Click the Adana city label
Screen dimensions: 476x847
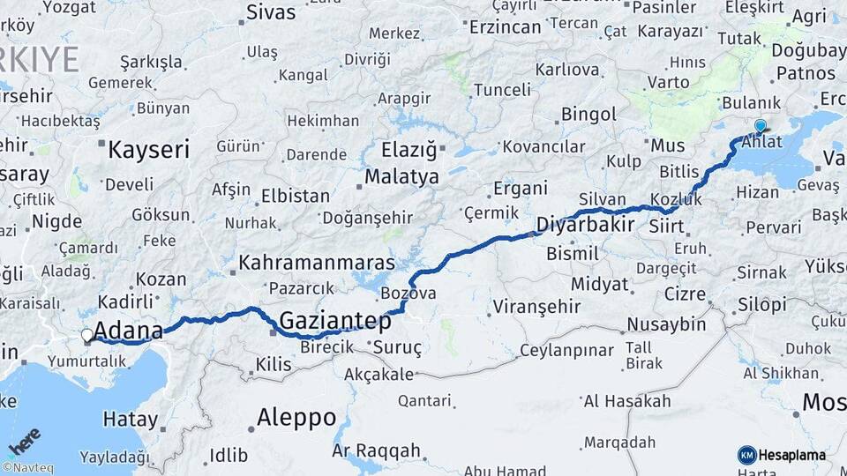(x=129, y=331)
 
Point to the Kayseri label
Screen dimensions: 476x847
(x=148, y=150)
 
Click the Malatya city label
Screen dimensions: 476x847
(x=401, y=176)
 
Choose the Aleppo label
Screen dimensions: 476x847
(x=296, y=417)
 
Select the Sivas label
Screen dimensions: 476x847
(x=271, y=12)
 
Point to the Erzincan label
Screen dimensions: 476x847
(x=504, y=28)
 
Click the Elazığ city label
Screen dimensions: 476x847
(x=409, y=149)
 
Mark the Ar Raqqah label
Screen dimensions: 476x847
(x=376, y=450)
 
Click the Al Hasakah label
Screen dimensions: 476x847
(x=627, y=401)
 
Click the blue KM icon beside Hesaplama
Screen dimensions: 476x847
(x=746, y=455)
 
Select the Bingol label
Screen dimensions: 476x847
(x=588, y=115)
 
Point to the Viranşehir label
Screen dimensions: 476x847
(x=536, y=307)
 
